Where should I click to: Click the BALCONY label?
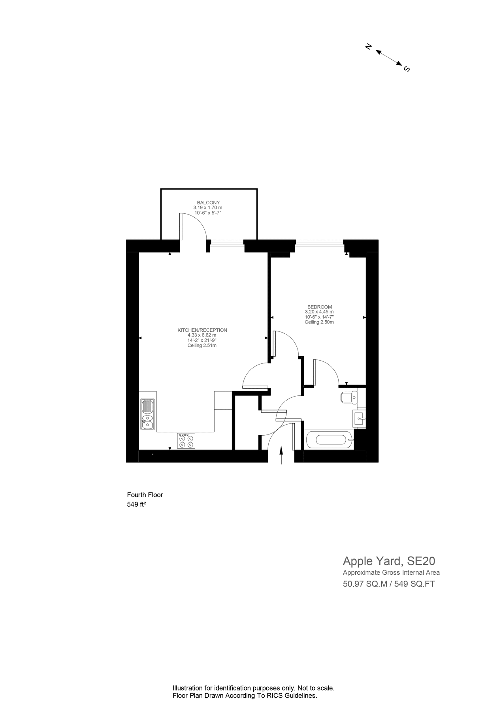point(208,203)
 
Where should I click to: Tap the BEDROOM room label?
point(320,307)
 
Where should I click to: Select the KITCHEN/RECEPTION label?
point(202,330)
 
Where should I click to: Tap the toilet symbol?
point(348,397)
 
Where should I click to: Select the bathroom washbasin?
point(360,418)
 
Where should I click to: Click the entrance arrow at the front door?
point(281,455)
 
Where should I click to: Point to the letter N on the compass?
point(368,47)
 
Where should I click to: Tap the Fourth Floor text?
point(145,495)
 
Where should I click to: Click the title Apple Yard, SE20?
point(389,561)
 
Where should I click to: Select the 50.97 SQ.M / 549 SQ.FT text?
point(389,584)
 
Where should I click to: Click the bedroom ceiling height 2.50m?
point(319,322)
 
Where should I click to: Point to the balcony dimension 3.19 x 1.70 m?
point(208,208)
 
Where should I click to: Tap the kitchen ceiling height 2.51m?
point(202,346)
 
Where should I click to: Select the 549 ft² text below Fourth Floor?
point(136,504)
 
